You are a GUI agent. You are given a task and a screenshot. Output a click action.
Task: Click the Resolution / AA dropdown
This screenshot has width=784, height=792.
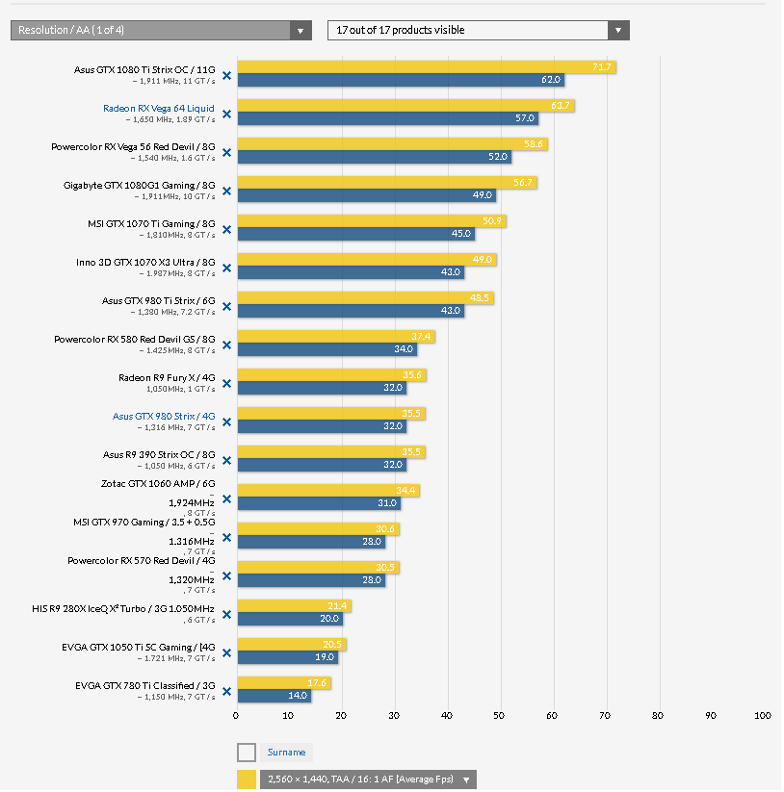[160, 31]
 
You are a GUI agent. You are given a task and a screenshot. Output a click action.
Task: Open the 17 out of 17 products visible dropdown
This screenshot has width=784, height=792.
[478, 31]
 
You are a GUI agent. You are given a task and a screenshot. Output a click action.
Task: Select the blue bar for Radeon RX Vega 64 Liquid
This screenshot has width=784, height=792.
[385, 118]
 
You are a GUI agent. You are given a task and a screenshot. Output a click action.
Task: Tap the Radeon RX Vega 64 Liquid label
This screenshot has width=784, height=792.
[159, 108]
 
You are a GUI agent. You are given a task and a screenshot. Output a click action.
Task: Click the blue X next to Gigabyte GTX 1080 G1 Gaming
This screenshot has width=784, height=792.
[227, 191]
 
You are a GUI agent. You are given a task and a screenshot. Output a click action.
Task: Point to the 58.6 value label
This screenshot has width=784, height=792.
[534, 144]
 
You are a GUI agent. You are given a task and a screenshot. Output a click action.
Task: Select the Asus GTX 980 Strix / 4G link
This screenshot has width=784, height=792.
[164, 416]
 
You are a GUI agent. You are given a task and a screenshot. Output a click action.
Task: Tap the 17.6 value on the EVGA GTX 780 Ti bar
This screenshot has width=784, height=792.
[318, 683]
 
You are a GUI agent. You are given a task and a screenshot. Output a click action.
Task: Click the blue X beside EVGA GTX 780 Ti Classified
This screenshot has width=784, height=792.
[227, 691]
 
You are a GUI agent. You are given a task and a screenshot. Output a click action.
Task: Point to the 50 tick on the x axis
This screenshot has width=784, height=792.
[499, 715]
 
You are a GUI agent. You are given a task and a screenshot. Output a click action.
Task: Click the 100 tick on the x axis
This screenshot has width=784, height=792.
[762, 715]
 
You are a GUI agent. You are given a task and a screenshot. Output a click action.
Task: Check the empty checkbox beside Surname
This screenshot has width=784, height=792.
[247, 753]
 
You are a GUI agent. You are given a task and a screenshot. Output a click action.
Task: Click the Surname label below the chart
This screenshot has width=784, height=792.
[286, 753]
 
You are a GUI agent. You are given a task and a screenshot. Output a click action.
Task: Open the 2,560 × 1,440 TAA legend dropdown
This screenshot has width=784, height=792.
[368, 779]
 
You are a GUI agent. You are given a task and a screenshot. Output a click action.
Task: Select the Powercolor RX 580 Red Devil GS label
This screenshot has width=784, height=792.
[135, 339]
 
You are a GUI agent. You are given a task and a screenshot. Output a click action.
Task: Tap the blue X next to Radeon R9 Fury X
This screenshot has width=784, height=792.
[227, 383]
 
